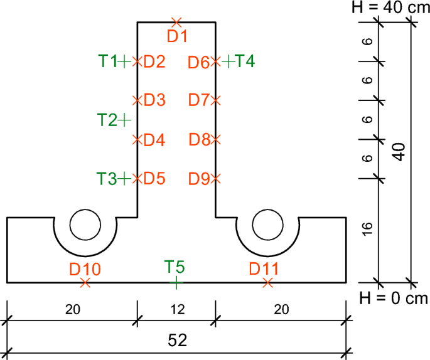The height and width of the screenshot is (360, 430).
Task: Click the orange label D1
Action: [178, 36]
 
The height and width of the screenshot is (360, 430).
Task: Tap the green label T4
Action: [245, 61]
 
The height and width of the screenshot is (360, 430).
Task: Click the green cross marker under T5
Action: [176, 283]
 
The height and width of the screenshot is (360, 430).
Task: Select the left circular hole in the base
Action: [85, 225]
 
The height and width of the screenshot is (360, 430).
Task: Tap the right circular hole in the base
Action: [268, 225]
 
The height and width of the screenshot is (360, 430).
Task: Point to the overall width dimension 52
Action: [178, 339]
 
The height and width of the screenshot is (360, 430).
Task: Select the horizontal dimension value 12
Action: [176, 310]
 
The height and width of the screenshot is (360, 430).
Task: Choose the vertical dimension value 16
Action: [368, 230]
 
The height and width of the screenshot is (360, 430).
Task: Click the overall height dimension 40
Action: [399, 152]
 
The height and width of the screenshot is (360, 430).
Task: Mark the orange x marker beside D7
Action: [216, 100]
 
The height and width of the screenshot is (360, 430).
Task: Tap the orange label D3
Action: [154, 100]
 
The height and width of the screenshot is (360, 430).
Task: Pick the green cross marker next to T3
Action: [125, 179]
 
